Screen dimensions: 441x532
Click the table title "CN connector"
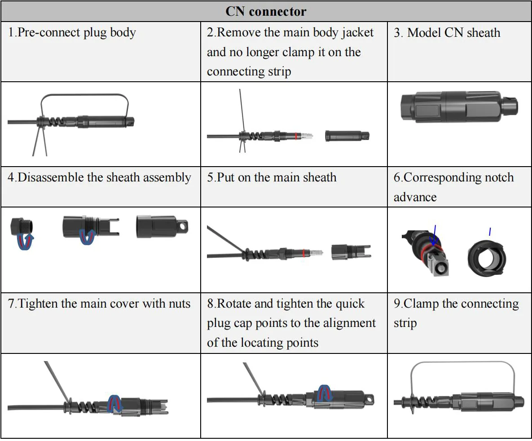tap(266, 11)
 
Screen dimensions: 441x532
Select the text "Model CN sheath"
tap(453, 33)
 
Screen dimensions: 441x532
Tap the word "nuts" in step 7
tap(178, 304)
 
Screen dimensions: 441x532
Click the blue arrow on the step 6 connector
tap(434, 236)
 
